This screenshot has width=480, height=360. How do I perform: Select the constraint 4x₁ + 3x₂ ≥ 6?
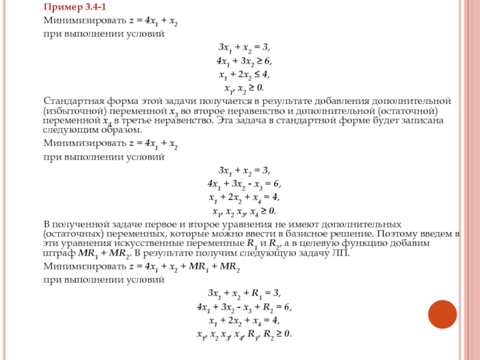(x=244, y=61)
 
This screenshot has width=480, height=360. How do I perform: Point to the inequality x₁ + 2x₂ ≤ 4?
(x=244, y=74)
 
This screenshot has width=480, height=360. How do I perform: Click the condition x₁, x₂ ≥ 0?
(x=244, y=88)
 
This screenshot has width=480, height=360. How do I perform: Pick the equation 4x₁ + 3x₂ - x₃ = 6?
(x=244, y=184)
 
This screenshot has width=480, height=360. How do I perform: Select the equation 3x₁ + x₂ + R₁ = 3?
(x=244, y=293)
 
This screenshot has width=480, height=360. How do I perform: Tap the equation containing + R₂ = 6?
(x=244, y=307)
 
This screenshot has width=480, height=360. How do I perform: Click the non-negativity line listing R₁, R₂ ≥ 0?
(x=244, y=334)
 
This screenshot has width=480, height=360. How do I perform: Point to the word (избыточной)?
(x=70, y=112)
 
